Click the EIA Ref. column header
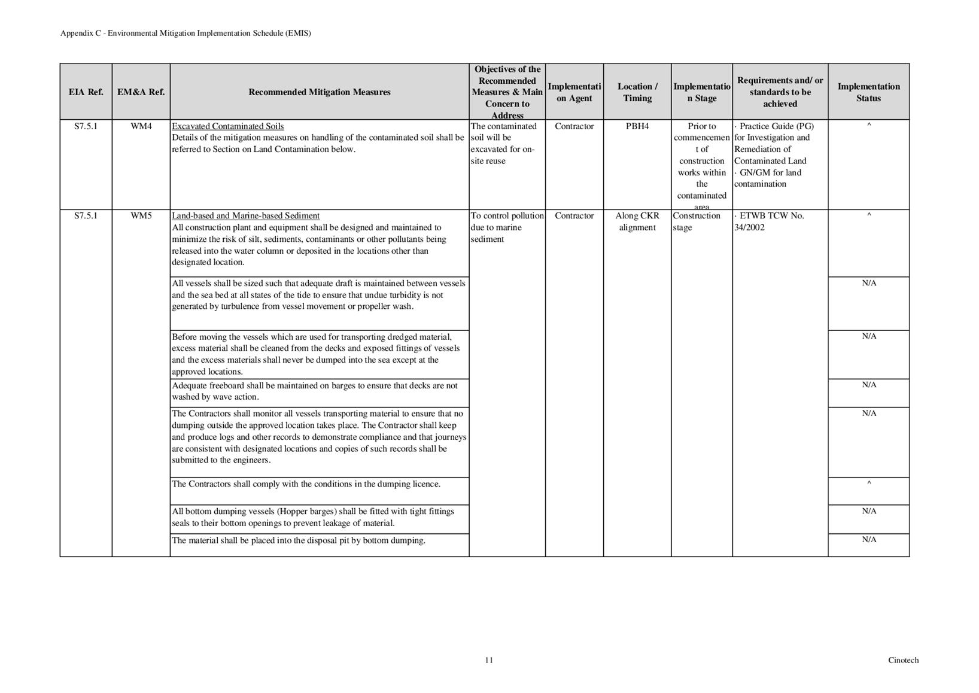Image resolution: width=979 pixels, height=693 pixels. (86, 92)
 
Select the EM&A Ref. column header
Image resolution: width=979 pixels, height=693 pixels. (141, 92)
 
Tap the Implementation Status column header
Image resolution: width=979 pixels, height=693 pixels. (868, 92)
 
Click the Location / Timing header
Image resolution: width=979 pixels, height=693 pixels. (637, 92)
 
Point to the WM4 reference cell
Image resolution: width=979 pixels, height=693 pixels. (141, 126)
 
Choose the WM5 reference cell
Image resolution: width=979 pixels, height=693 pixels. (141, 216)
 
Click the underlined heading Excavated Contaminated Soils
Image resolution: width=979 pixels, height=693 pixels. (227, 126)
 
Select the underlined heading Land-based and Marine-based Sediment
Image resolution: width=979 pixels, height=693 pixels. (245, 216)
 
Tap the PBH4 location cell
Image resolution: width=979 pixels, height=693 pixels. (637, 126)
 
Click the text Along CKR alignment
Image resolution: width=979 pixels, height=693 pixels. (637, 221)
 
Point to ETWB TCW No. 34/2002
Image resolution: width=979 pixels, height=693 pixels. (770, 221)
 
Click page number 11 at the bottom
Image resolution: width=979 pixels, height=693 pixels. (489, 660)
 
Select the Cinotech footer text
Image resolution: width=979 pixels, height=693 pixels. (903, 660)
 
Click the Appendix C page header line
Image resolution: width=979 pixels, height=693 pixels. (186, 34)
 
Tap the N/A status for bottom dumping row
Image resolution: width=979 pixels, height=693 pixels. (869, 540)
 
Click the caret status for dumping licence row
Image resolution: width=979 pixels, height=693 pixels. (869, 484)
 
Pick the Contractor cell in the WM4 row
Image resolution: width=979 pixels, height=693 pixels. (574, 126)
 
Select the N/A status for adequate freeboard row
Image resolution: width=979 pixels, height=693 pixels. (869, 385)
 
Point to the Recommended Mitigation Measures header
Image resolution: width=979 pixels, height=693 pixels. (319, 92)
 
